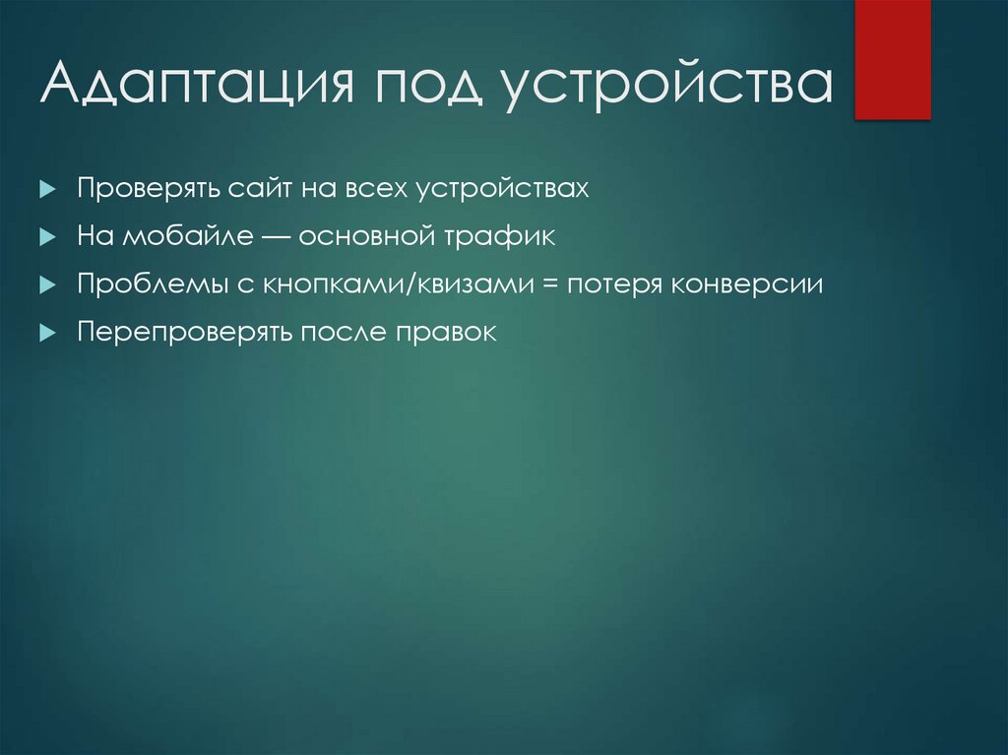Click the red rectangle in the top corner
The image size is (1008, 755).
(892, 59)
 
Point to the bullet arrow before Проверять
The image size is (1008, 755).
(45, 189)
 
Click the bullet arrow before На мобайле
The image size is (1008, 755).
(45, 237)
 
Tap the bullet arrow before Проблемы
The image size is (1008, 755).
(45, 285)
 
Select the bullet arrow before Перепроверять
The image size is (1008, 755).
(45, 334)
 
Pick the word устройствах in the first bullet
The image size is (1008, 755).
(504, 188)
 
